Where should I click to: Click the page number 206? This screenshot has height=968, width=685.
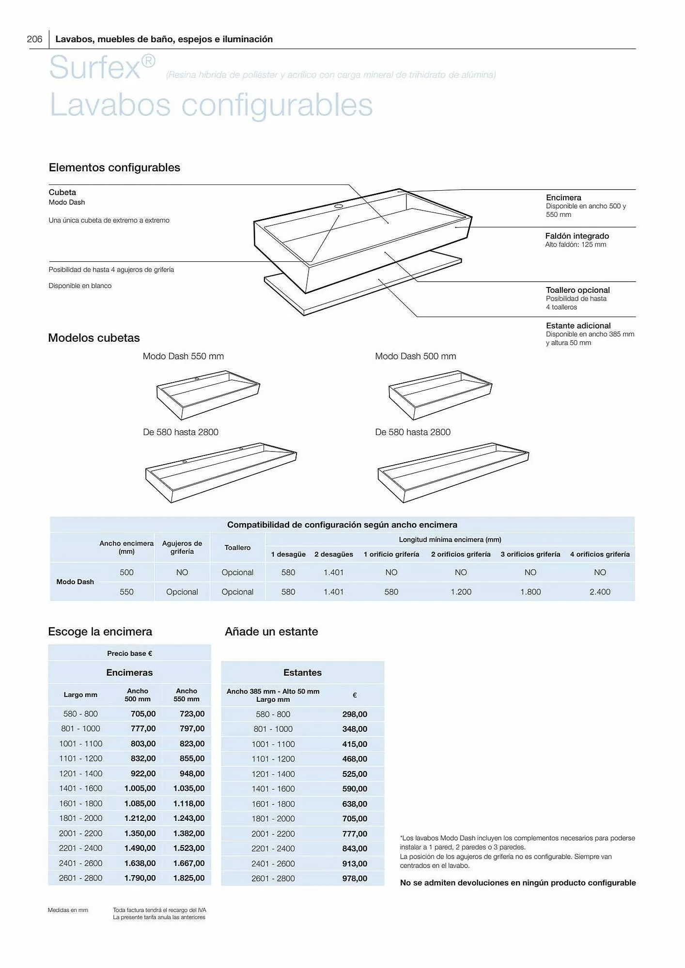tap(34, 39)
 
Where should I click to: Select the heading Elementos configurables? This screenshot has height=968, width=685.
tap(114, 167)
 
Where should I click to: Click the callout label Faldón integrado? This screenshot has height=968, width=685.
tap(577, 236)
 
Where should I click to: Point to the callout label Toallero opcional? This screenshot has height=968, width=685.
tap(577, 290)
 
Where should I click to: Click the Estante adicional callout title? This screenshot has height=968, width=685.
tap(578, 326)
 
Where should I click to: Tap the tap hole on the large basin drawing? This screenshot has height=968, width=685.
tap(339, 206)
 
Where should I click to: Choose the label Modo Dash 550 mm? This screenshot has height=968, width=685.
tap(183, 356)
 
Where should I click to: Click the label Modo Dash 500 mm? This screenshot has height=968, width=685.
tap(415, 356)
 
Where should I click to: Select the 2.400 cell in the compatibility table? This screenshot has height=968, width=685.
tap(600, 591)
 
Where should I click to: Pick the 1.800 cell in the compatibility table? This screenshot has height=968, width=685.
tap(530, 591)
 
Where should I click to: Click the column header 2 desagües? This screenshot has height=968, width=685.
tap(333, 554)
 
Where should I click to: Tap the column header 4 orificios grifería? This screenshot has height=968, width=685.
tap(600, 554)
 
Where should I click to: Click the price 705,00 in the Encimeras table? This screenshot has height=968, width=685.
tap(143, 714)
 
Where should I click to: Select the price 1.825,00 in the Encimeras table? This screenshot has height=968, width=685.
tap(188, 878)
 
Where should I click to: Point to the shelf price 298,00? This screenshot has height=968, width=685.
tap(355, 714)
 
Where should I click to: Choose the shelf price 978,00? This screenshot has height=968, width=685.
tap(355, 878)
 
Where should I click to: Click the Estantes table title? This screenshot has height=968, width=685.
tap(302, 672)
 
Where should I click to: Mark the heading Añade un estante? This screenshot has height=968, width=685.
tap(271, 632)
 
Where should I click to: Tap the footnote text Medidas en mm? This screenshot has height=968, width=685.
tap(68, 910)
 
